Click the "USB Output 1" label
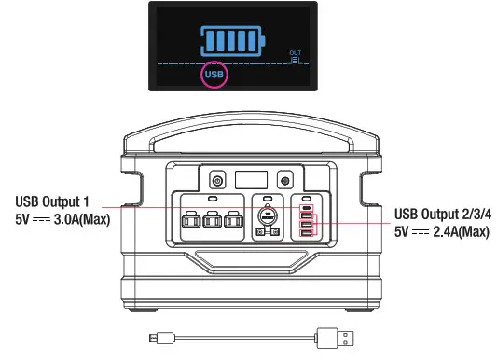[x=52, y=202]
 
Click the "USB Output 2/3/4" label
[x=441, y=214]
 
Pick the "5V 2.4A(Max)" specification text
[x=441, y=231]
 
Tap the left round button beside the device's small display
[x=218, y=179]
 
